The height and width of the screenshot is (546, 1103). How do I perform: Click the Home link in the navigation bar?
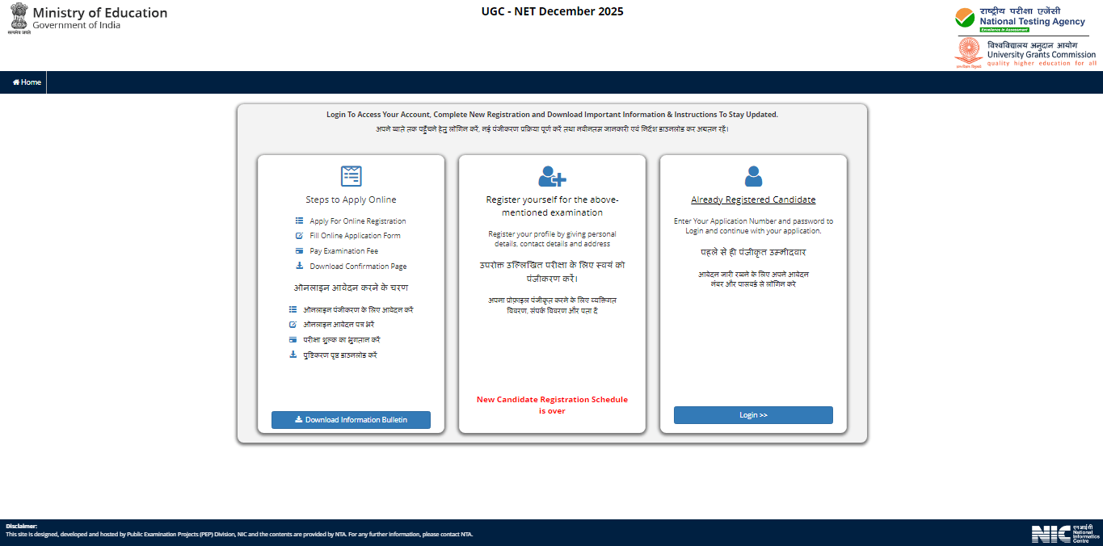[x=27, y=82]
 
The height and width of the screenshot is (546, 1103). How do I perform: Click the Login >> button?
[x=753, y=415]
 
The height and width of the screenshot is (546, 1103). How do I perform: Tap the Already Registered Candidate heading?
[x=753, y=200]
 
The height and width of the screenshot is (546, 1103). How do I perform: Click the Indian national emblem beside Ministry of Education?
[x=18, y=18]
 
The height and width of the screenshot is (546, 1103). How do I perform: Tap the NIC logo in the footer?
[x=1064, y=534]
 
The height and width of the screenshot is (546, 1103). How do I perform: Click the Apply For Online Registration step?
[x=357, y=221]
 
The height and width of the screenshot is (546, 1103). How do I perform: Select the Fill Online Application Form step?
[x=355, y=236]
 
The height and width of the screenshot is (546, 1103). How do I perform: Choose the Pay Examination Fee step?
[x=343, y=251]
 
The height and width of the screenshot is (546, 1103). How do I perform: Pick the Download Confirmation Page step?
[x=358, y=267]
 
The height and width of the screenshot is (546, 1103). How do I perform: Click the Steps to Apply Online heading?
[x=351, y=200]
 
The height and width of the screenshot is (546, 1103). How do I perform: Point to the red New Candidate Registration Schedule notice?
[x=552, y=405]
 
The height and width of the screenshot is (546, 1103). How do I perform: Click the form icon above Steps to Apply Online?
[x=351, y=176]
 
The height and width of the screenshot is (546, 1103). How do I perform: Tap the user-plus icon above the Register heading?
[x=552, y=176]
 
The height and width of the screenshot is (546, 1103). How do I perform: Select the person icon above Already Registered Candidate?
[x=753, y=176]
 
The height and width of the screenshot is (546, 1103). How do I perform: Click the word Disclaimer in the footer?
[x=22, y=526]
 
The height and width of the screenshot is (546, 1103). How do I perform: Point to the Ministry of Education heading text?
[x=100, y=13]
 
